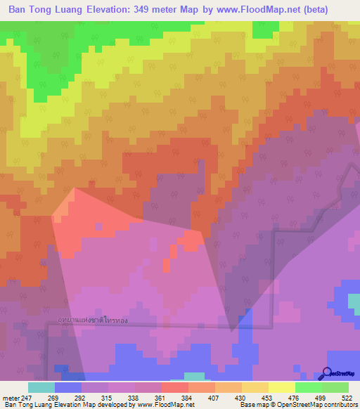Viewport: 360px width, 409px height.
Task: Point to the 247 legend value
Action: pyautogui.click(x=27, y=398)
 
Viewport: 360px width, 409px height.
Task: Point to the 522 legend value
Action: pyautogui.click(x=346, y=398)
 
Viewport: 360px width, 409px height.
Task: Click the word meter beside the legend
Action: pyautogui.click(x=11, y=398)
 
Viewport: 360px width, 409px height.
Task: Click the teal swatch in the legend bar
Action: pyautogui.click(x=41, y=387)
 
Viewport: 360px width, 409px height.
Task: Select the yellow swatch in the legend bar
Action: pyautogui.click(x=281, y=387)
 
